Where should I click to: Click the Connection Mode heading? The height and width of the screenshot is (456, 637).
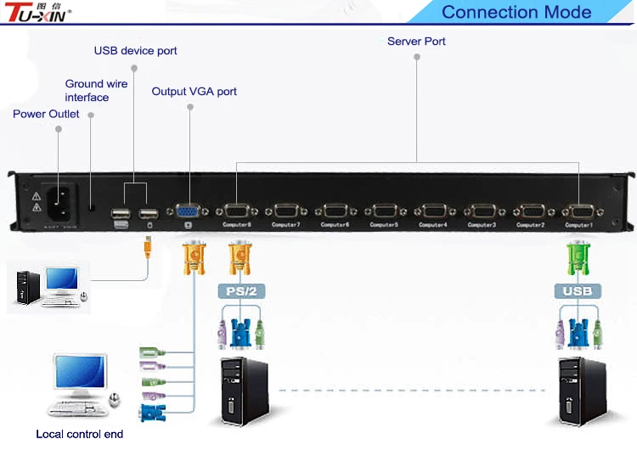(516, 12)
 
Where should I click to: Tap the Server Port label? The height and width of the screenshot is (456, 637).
(416, 41)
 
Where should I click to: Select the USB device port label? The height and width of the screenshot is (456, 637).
(135, 51)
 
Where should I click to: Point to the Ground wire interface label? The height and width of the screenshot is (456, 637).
(96, 90)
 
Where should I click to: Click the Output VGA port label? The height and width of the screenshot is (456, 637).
(194, 92)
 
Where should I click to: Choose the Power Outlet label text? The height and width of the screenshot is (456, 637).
(46, 114)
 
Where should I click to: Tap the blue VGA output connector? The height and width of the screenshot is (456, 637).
(188, 211)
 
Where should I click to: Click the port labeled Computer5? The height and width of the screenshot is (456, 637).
(384, 211)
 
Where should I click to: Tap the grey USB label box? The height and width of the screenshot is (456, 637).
(578, 291)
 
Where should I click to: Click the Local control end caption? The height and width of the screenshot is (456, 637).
(79, 434)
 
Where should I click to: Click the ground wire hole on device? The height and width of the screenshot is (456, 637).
(92, 205)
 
